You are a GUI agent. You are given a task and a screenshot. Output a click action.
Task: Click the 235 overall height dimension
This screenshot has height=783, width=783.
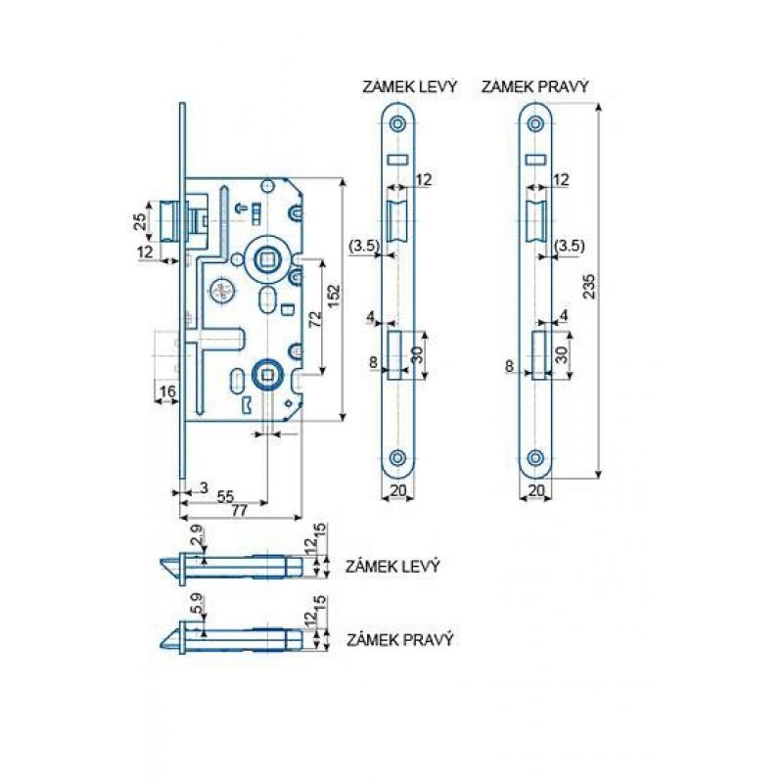tap(590, 286)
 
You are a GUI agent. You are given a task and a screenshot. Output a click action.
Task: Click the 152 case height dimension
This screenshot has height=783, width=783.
tap(333, 299)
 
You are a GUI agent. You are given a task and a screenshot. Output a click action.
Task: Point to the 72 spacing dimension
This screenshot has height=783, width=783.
tap(315, 319)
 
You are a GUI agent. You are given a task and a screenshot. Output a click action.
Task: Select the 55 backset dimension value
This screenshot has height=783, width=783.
tap(226, 496)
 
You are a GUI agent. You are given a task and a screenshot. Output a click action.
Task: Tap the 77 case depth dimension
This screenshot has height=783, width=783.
tap(240, 510)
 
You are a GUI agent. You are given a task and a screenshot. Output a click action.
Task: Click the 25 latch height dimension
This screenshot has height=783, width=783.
tap(141, 221)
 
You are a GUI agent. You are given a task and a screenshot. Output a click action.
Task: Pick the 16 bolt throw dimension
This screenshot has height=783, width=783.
tap(167, 391)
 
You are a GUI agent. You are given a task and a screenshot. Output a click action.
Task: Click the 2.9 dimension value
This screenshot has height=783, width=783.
tap(199, 535)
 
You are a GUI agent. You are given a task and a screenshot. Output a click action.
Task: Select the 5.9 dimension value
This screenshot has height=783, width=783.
tap(199, 604)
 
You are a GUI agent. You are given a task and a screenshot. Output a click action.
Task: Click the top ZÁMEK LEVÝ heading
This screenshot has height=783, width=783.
tap(409, 87)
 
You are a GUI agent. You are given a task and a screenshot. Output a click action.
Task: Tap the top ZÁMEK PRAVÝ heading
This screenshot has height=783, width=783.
tap(534, 87)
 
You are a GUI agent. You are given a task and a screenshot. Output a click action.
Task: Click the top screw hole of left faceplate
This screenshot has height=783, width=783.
tap(398, 123)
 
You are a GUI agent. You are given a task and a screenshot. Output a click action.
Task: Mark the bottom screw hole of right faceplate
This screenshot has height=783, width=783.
tap(535, 457)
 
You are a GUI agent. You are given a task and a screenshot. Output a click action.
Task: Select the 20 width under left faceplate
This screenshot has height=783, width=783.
tap(398, 490)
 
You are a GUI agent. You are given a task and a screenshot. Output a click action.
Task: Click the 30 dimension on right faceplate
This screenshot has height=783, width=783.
tap(562, 354)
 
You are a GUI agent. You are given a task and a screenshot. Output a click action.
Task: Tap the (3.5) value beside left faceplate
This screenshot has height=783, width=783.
tap(364, 246)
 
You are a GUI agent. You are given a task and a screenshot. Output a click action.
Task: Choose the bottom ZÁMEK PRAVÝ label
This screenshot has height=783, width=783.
tap(400, 640)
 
